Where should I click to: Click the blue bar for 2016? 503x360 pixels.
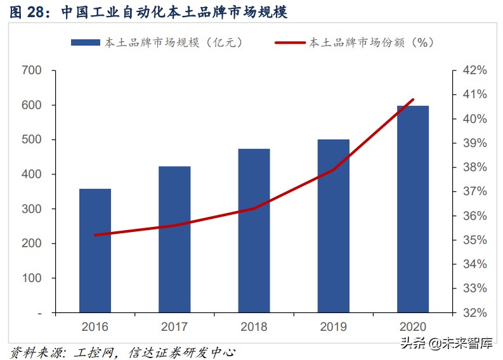pyautogui.click(x=95, y=250)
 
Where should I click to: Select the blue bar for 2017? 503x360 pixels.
pyautogui.click(x=174, y=239)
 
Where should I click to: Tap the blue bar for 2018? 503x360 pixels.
pyautogui.click(x=254, y=231)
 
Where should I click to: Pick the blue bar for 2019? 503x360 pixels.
pyautogui.click(x=334, y=226)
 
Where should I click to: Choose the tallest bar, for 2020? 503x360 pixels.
pyautogui.click(x=413, y=209)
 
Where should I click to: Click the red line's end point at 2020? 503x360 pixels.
pyautogui.click(x=413, y=100)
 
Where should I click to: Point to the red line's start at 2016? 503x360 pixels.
pyautogui.click(x=95, y=235)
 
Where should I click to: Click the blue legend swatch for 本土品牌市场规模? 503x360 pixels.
pyautogui.click(x=85, y=42)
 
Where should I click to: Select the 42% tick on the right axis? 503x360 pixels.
pyautogui.click(x=474, y=70)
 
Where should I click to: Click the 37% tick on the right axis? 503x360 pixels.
pyautogui.click(x=474, y=191)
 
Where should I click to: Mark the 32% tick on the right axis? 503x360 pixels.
pyautogui.click(x=474, y=312)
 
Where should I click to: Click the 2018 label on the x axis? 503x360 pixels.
pyautogui.click(x=254, y=326)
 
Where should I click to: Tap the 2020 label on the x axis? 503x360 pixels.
pyautogui.click(x=413, y=326)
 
